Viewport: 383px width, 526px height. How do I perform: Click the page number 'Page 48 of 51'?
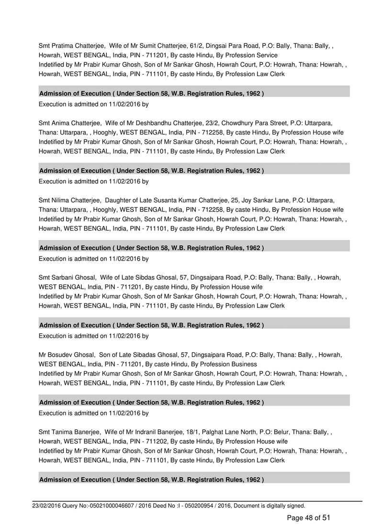click(x=308, y=517)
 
